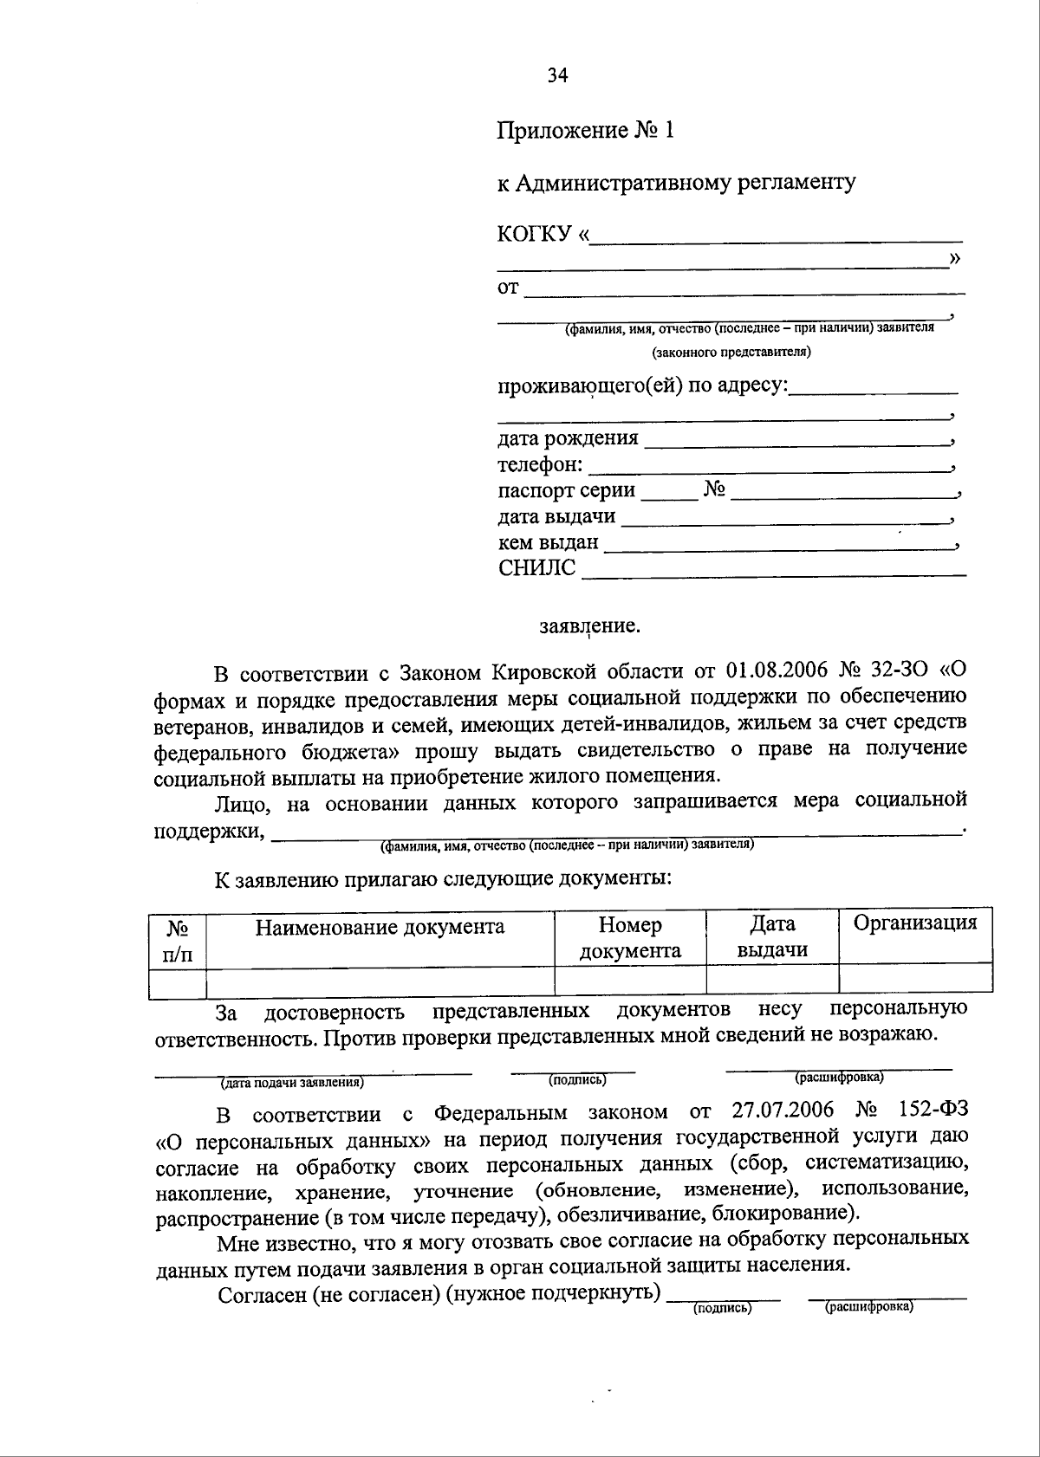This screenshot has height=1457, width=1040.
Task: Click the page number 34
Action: tap(557, 76)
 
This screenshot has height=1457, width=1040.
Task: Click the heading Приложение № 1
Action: tap(585, 131)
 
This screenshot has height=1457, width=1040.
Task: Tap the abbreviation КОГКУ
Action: tap(535, 234)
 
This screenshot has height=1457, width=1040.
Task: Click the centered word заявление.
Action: tap(589, 625)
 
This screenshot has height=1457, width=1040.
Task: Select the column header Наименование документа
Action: tap(380, 927)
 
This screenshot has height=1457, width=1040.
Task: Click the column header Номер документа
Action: tap(630, 938)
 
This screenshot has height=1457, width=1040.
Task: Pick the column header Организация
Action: tap(915, 923)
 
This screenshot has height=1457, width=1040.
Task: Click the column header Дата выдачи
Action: tap(772, 937)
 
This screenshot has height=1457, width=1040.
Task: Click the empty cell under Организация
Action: tap(915, 979)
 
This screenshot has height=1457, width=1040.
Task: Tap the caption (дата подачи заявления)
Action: tap(291, 1082)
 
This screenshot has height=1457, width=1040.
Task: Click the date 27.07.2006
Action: tap(783, 1111)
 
